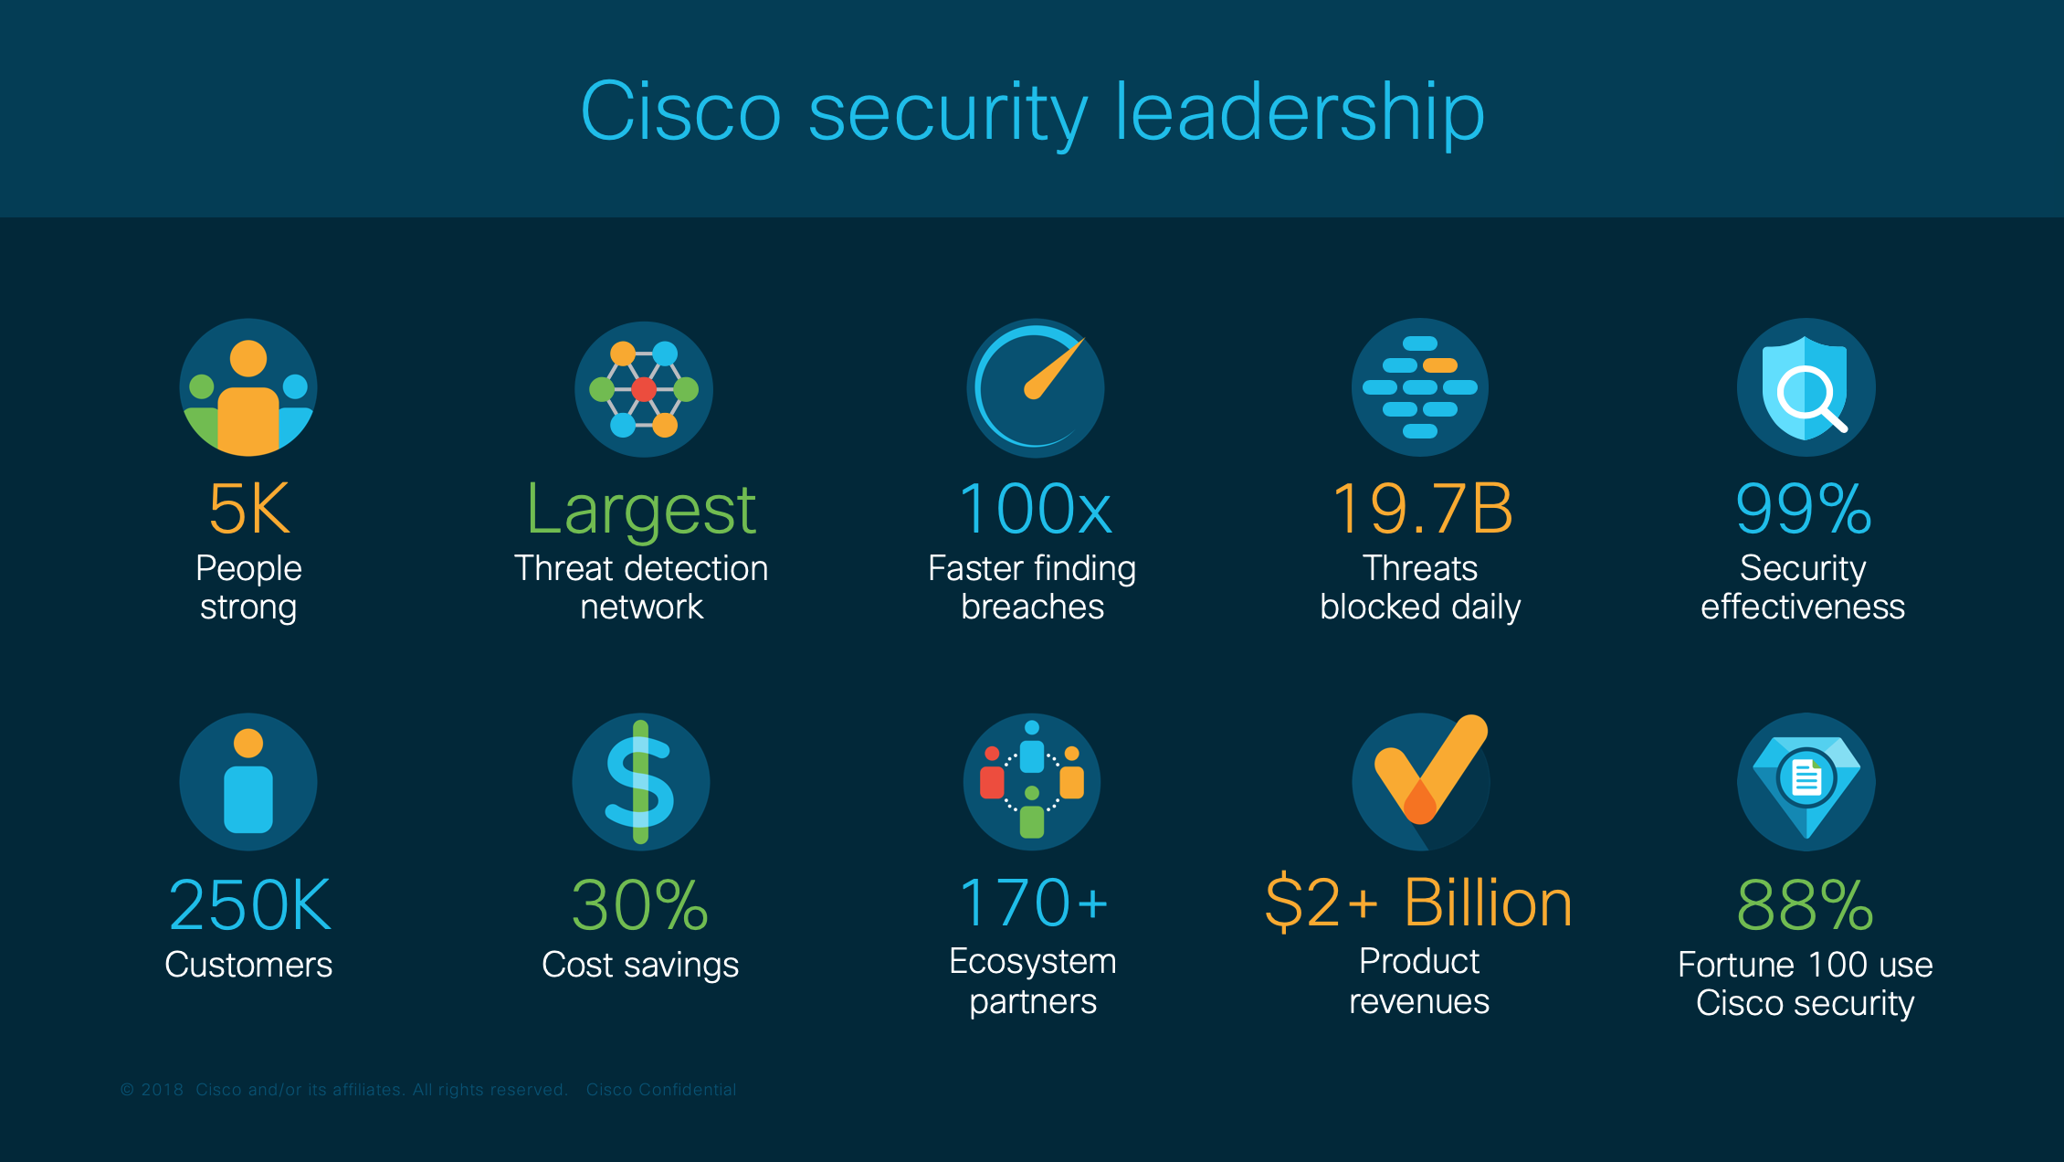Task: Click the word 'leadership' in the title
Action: point(1299,111)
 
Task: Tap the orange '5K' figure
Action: point(248,509)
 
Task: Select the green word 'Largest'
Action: point(641,509)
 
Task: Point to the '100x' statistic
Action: point(1034,509)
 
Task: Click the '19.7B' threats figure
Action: point(1421,509)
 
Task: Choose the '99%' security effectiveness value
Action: point(1804,509)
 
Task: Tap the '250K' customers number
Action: point(249,904)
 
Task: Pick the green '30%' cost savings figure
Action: point(640,904)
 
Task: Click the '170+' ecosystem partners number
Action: point(1033,903)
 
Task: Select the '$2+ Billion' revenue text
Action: point(1418,903)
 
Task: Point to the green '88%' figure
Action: point(1805,904)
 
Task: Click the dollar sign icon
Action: point(640,782)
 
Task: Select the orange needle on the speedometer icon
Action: point(1054,370)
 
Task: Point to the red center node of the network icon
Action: point(644,389)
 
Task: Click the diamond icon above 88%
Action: point(1806,781)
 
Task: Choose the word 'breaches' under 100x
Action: point(1033,607)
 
